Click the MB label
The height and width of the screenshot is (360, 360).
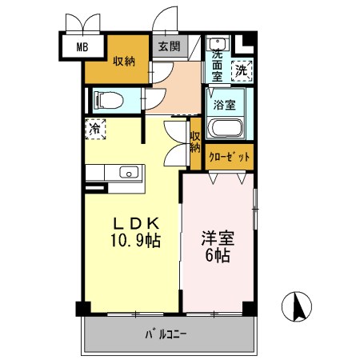tap(82, 47)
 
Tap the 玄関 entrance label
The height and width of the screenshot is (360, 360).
tap(170, 46)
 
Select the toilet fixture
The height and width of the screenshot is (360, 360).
tap(109, 100)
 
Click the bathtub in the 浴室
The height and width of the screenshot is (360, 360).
tap(226, 128)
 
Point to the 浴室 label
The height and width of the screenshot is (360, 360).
tap(225, 105)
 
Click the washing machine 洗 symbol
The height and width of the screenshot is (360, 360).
tap(242, 70)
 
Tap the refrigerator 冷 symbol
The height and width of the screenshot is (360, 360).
tap(95, 129)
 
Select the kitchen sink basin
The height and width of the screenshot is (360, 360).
tap(129, 172)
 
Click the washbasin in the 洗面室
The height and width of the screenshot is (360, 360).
tap(218, 42)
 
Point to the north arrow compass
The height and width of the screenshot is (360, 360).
tap(297, 306)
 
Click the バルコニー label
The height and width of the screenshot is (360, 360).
tap(166, 334)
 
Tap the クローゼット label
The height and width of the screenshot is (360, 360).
tap(229, 157)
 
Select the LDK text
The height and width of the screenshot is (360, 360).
tap(136, 223)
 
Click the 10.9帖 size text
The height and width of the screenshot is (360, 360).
tap(136, 240)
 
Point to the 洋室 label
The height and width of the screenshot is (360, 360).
tap(218, 238)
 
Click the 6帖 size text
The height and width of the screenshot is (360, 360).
tap(218, 255)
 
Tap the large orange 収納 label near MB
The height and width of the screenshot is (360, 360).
tap(124, 62)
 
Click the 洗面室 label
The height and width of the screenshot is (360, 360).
tap(217, 66)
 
